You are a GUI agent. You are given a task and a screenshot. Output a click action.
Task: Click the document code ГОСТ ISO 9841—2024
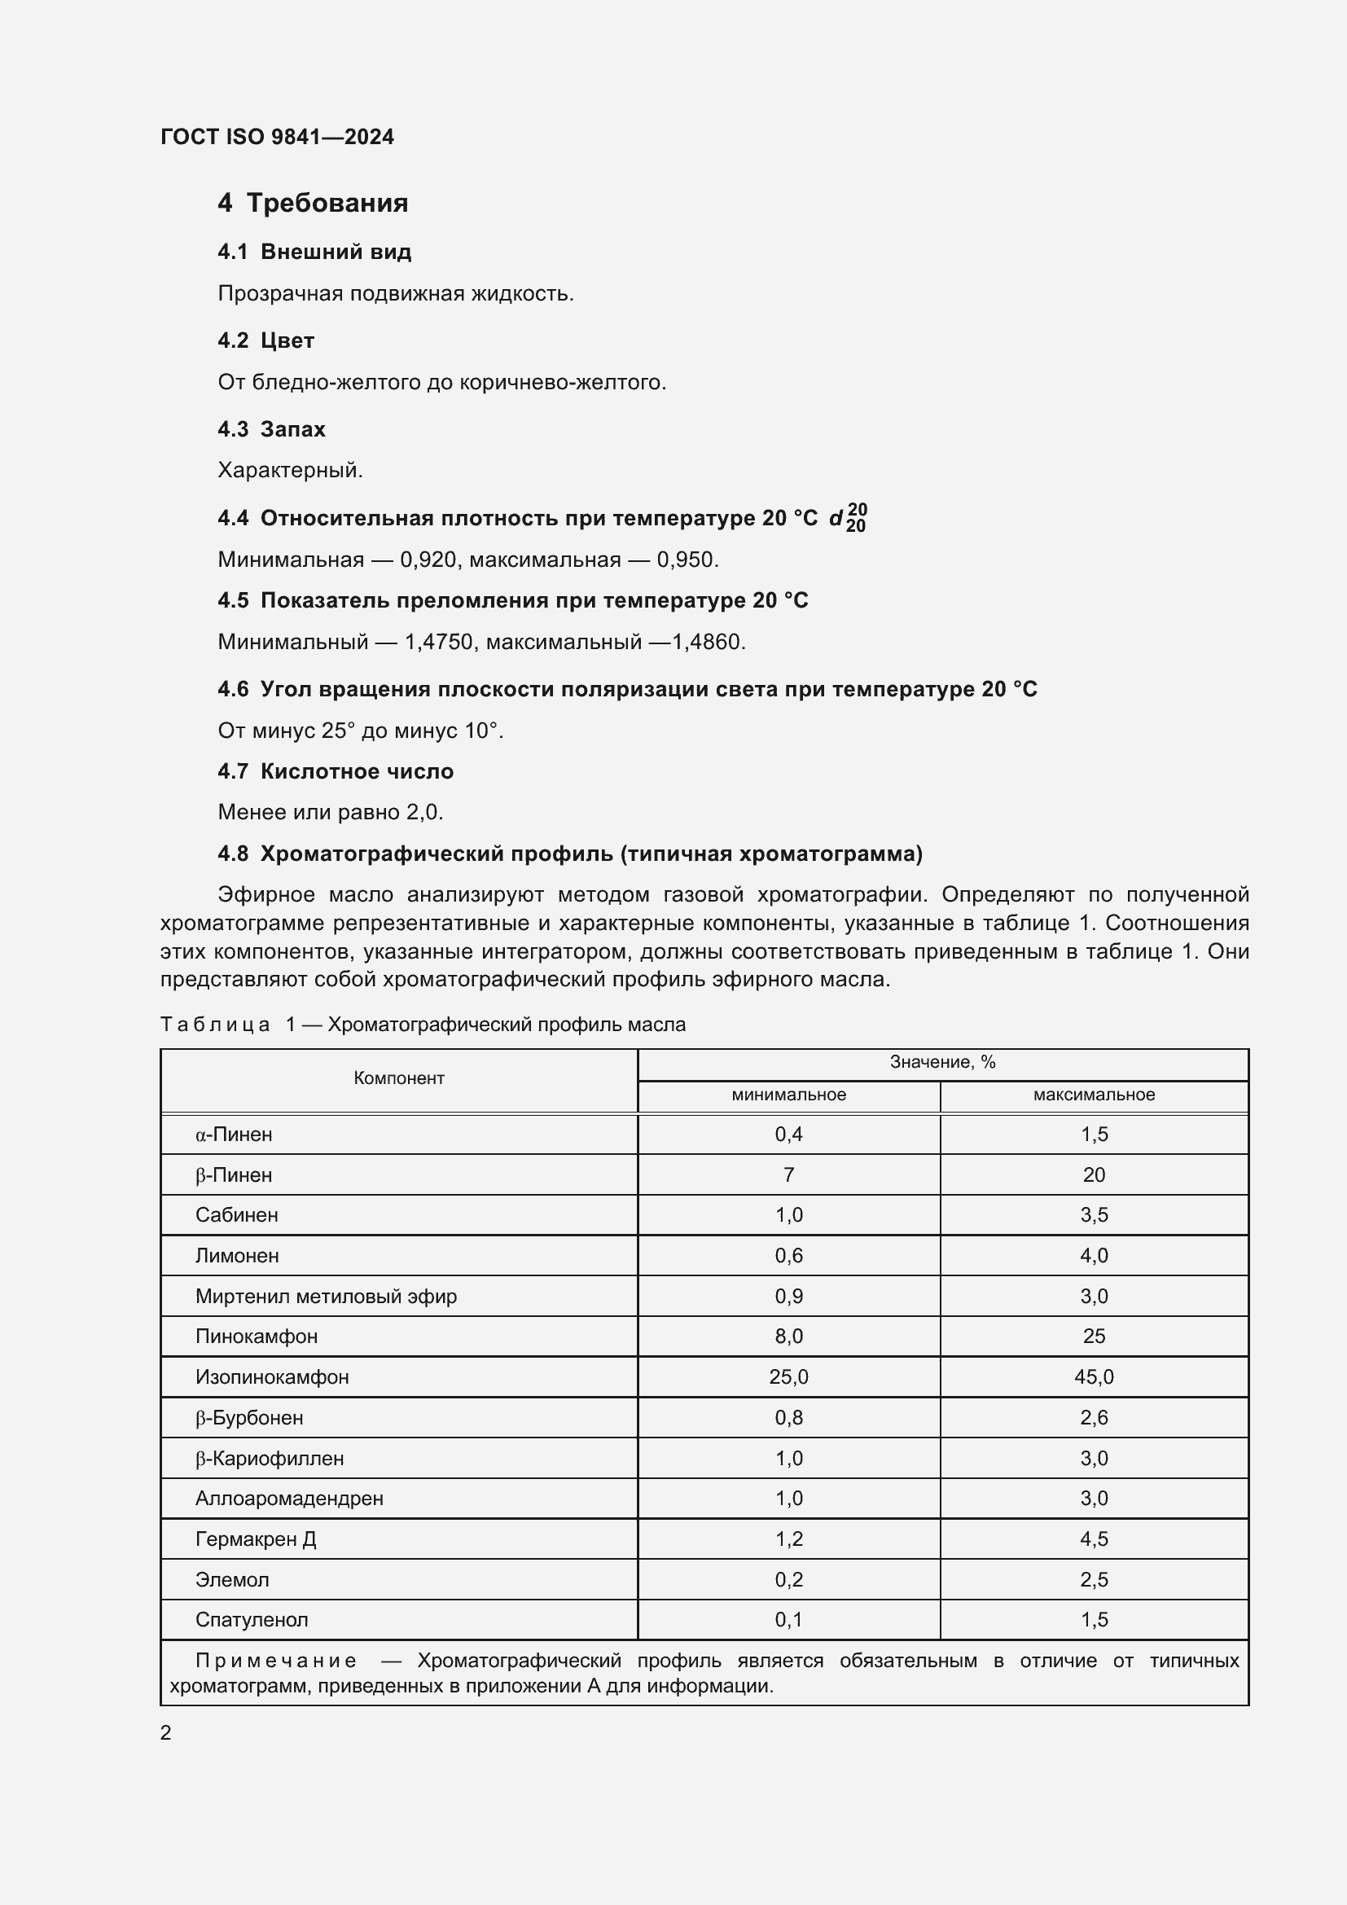(277, 137)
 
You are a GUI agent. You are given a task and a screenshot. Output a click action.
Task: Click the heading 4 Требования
(313, 203)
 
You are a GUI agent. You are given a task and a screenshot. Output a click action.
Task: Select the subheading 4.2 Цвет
(266, 340)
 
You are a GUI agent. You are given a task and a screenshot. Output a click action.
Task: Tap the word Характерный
(290, 471)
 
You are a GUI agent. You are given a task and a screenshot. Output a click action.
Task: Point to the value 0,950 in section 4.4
(687, 560)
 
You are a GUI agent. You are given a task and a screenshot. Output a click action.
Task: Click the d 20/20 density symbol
(848, 518)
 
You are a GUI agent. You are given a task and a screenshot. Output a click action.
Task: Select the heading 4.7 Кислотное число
(335, 771)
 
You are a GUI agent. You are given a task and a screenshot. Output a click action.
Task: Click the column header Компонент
(399, 1078)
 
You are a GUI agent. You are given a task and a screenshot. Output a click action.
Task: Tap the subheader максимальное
(1093, 1095)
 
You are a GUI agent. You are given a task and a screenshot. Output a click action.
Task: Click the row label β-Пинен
(234, 1175)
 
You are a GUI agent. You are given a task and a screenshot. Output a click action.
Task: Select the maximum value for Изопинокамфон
(1093, 1377)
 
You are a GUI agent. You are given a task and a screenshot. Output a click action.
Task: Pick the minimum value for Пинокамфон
(788, 1337)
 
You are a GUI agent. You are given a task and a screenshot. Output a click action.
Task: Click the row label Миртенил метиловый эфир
(326, 1296)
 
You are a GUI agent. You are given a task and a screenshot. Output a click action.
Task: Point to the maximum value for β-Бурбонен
(1093, 1418)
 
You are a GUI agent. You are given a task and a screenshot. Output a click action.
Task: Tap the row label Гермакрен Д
(256, 1539)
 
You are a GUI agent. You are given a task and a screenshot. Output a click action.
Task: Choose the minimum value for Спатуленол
(788, 1620)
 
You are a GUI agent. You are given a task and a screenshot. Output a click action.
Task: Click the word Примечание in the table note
(275, 1661)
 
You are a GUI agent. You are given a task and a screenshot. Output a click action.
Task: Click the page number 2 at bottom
(166, 1733)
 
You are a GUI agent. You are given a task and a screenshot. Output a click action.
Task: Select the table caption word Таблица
(215, 1025)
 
